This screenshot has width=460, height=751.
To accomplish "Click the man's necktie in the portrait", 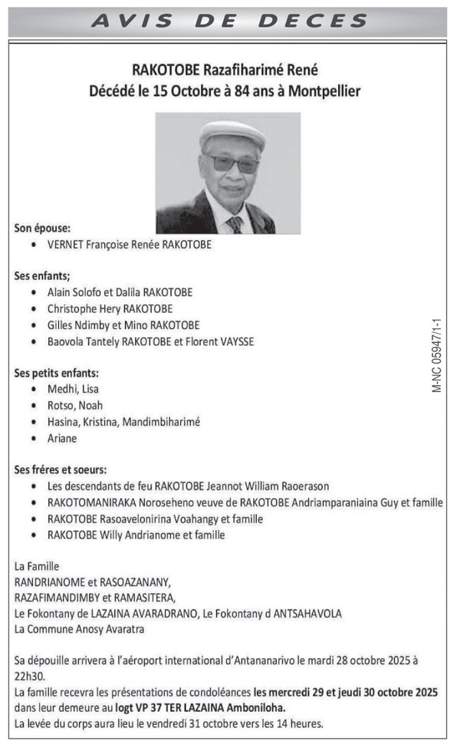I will point(235,223).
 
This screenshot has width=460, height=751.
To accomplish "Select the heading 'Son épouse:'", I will point(43,228).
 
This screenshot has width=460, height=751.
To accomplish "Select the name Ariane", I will point(62,438).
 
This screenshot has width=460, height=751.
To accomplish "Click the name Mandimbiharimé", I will point(163,422).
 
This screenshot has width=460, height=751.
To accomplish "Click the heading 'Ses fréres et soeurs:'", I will point(61,469).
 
